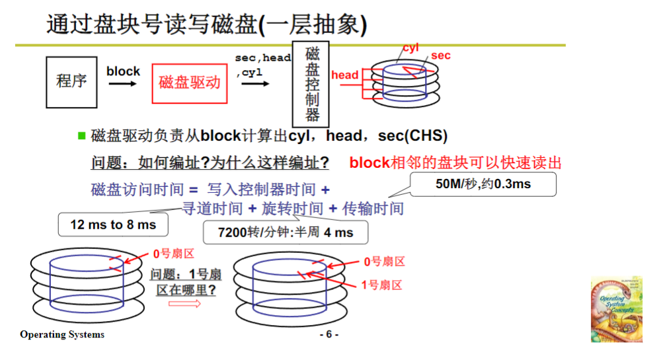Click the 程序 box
coord(71,82)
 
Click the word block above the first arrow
coord(123,71)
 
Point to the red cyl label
coord(411,48)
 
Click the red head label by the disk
coord(344,75)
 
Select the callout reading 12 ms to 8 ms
coord(113,225)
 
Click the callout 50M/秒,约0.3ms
coord(483,184)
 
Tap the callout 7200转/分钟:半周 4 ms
coord(286,233)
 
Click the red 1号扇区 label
coord(381,285)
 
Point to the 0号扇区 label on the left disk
coord(173,253)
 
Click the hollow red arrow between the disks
coord(184,303)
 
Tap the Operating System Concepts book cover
coord(616,309)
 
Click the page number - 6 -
coord(328,334)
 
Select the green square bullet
coord(82,136)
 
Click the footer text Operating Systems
coord(62,334)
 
